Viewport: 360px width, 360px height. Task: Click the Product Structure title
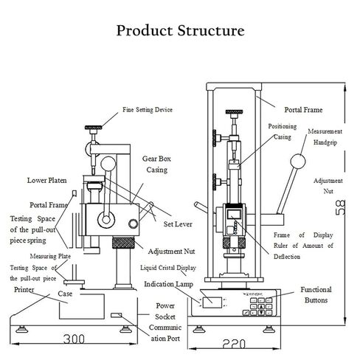180,30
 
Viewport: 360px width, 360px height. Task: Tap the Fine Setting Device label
148,110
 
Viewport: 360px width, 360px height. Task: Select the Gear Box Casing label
156,165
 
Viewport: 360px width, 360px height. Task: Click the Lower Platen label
46,180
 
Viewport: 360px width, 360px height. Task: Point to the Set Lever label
178,224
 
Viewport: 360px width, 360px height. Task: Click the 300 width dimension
74,339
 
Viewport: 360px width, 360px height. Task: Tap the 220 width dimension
234,344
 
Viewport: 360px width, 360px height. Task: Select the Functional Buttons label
316,295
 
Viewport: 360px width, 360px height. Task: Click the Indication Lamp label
168,284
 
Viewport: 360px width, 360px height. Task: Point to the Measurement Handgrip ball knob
298,162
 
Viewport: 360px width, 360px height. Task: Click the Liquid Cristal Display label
168,268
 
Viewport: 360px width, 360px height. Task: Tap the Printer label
24,290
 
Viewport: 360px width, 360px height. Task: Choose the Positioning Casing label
283,131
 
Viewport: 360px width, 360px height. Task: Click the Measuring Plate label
50,256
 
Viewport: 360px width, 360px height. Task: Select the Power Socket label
165,311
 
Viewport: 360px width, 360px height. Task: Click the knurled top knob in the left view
94,128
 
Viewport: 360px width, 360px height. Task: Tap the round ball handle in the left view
108,164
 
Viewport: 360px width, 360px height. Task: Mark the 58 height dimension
340,208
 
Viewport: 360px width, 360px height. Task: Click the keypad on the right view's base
261,307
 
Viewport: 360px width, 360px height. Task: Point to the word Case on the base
65,294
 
